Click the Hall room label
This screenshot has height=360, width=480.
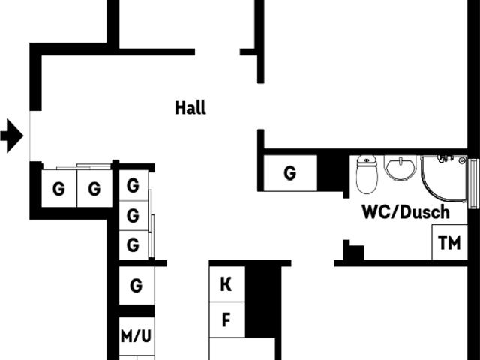(x=190, y=107)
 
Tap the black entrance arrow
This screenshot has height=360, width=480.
(x=12, y=136)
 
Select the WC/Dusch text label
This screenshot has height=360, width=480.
(x=405, y=212)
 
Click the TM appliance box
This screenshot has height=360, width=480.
(x=449, y=242)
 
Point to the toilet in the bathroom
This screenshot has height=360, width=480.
(x=367, y=175)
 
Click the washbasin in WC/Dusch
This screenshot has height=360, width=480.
(x=400, y=168)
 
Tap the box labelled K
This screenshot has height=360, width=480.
(x=226, y=285)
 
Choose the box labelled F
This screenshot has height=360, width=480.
(x=226, y=320)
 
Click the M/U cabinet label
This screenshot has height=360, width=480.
(x=136, y=336)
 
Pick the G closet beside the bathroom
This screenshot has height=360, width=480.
(x=289, y=173)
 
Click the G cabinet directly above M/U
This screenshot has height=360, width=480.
(x=136, y=286)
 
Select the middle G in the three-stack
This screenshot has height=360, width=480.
(x=133, y=216)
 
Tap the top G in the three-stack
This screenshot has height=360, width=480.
(x=133, y=185)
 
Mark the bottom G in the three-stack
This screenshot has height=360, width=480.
(x=133, y=244)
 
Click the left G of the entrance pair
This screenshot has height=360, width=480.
(x=58, y=189)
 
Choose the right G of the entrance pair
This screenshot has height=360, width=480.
(x=94, y=189)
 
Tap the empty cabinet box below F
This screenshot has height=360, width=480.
(x=241, y=349)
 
